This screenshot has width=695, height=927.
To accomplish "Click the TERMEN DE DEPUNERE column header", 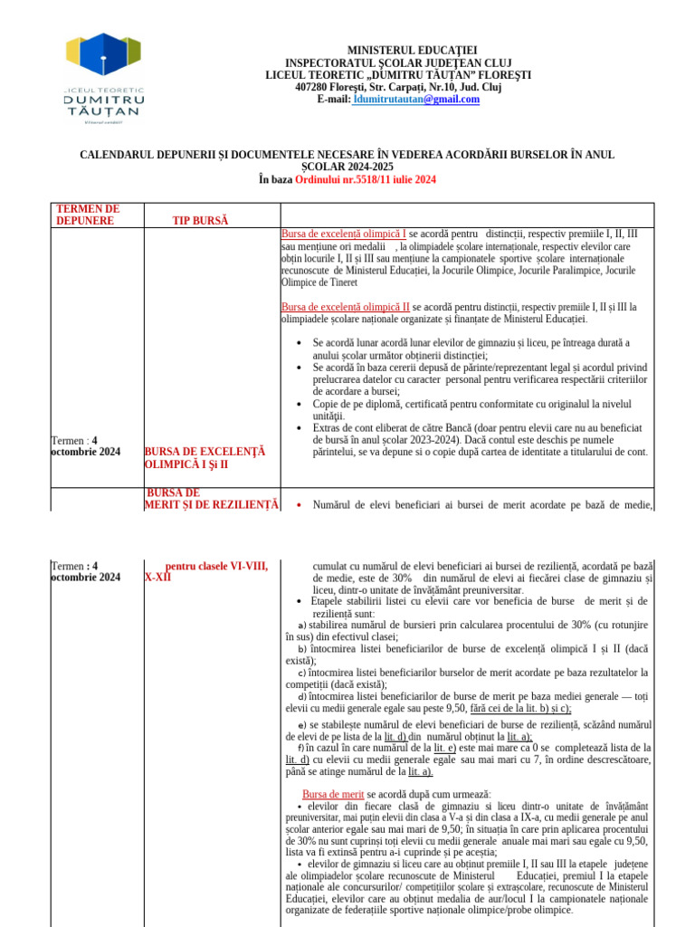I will pyautogui.click(x=88, y=215).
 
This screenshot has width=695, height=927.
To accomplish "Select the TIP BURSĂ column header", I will pyautogui.click(x=200, y=221).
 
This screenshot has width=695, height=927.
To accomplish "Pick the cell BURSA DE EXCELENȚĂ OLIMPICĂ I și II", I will pyautogui.click(x=205, y=458).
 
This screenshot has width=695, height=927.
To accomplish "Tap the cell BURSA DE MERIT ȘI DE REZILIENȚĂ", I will pyautogui.click(x=212, y=499).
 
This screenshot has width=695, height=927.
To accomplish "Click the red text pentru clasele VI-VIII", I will pyautogui.click(x=216, y=567).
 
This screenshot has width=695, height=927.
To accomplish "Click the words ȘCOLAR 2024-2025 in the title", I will pyautogui.click(x=347, y=167).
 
